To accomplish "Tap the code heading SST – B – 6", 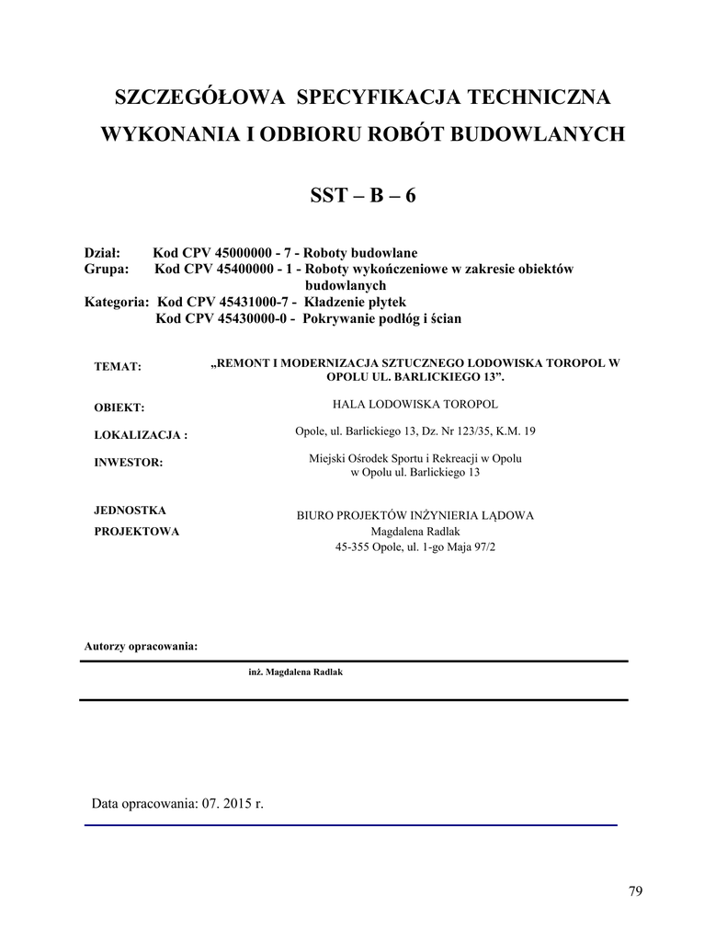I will (363, 197).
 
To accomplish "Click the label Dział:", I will (103, 253).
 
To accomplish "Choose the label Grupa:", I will (107, 270).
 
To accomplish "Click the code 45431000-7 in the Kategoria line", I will (244, 303).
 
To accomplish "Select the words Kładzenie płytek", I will (354, 303).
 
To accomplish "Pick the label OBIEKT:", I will (120, 408).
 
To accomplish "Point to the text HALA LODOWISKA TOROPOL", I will (415, 404).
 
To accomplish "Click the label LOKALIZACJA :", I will (141, 435).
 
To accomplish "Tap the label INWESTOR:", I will (129, 463).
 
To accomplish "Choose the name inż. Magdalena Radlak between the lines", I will (295, 672).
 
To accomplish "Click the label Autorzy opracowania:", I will (141, 646).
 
